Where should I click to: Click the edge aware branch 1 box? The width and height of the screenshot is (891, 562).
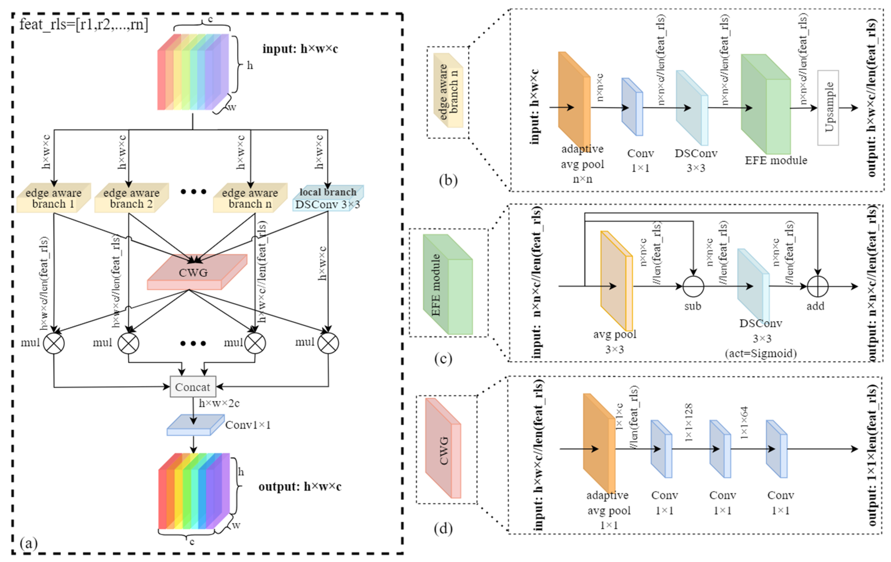53,198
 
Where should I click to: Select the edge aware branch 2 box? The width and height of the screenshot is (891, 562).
131,198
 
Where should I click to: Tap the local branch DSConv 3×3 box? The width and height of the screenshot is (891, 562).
328,198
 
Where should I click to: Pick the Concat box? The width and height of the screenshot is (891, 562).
193,387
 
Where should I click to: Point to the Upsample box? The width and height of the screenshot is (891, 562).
828,107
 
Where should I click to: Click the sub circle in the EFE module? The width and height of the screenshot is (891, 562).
693,287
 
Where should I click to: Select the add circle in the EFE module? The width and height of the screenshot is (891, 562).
817,287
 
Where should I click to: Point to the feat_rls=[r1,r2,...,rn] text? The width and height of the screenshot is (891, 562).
84,24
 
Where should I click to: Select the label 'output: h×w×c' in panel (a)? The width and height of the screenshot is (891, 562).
300,487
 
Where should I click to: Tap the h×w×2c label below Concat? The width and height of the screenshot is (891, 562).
219,403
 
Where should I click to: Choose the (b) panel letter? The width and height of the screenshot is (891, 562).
448,180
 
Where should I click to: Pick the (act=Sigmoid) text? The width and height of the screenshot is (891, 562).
761,353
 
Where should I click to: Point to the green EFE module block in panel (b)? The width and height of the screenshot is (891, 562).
766,104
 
